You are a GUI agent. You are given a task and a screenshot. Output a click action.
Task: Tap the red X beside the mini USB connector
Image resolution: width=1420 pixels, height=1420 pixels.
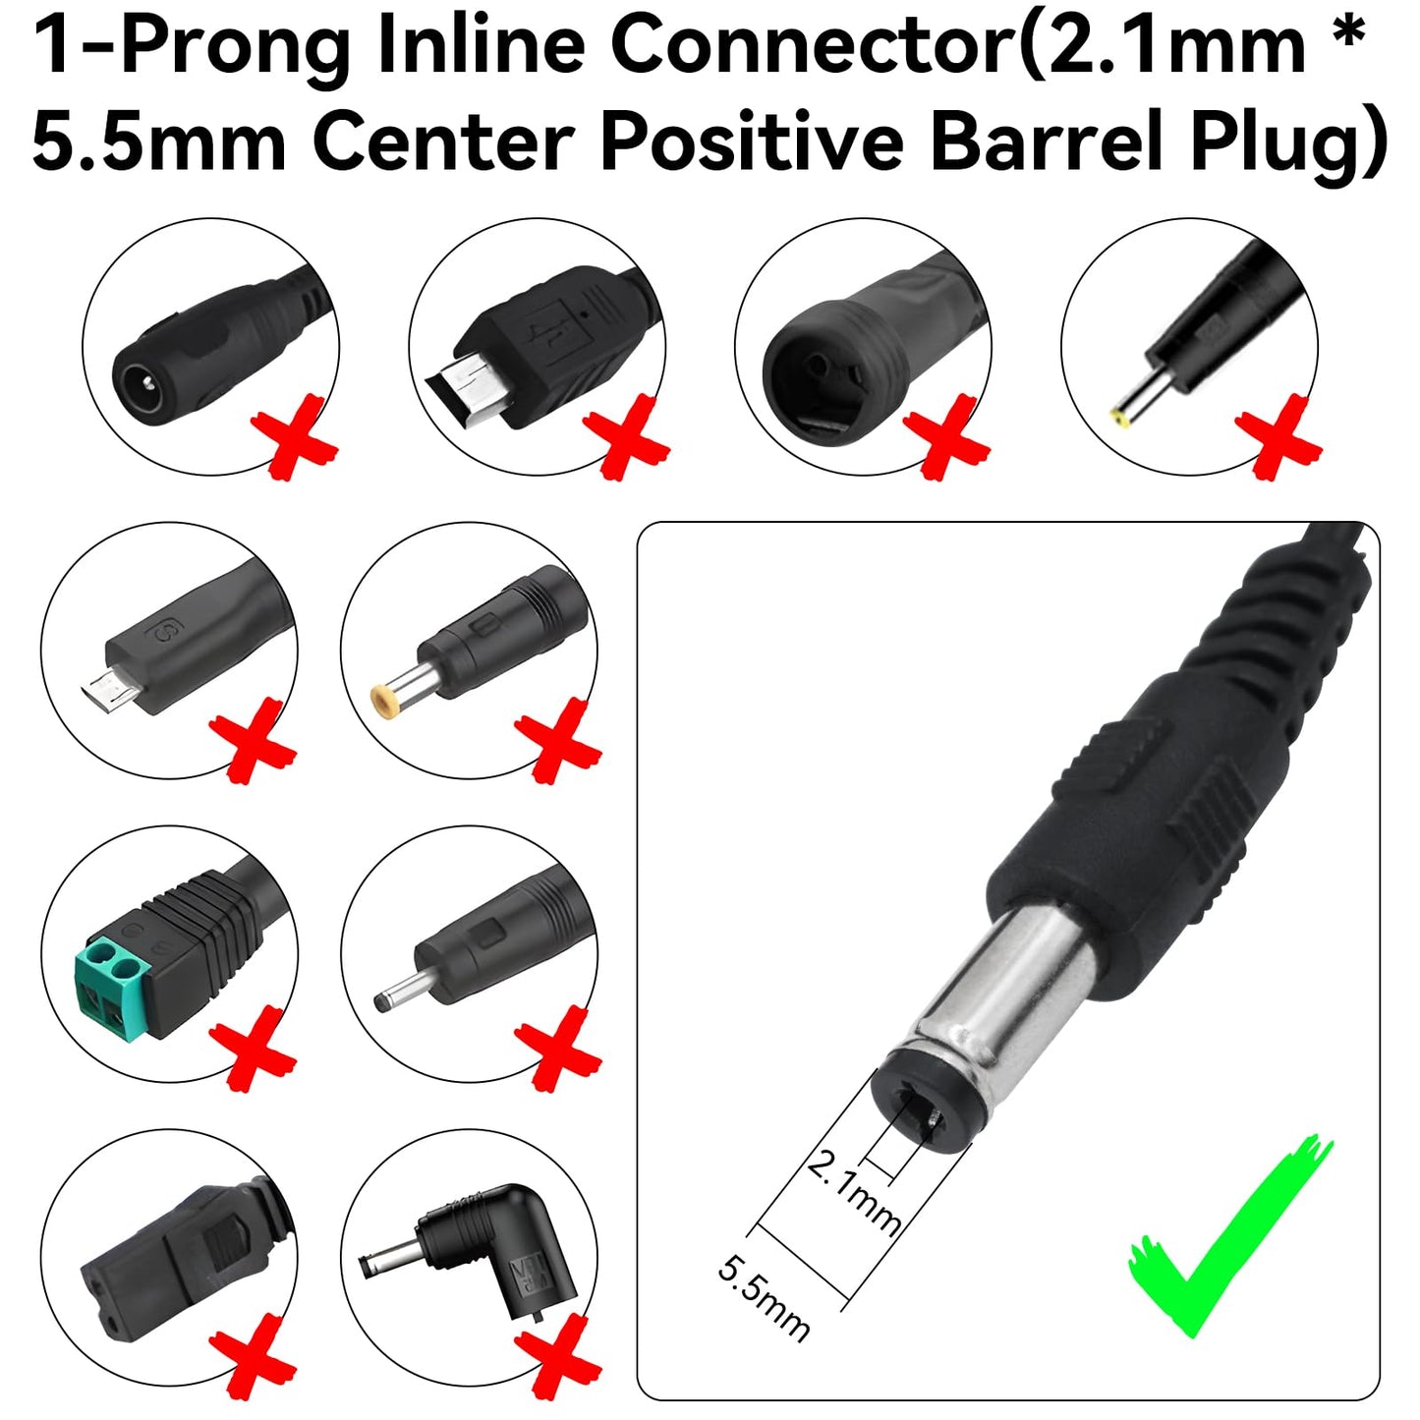[626, 437]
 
